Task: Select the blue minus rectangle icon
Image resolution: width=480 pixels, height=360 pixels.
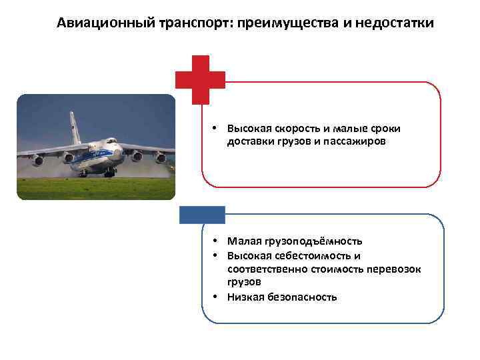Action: click(x=203, y=214)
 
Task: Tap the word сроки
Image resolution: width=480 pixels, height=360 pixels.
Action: click(x=386, y=128)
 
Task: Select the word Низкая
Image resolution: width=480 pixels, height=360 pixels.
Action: click(x=245, y=297)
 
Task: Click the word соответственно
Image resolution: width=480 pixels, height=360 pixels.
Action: click(x=267, y=269)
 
